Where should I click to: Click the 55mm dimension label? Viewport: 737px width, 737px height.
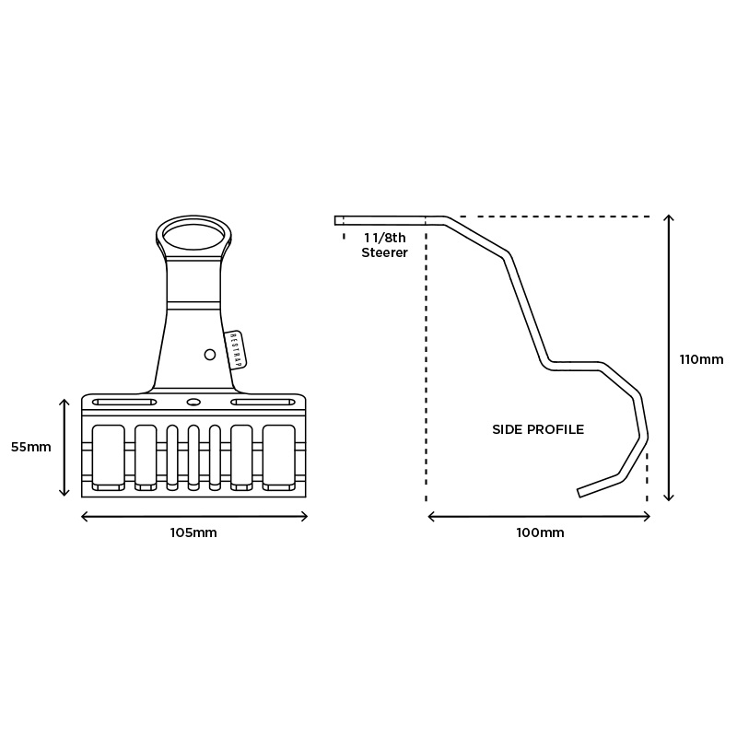pyautogui.click(x=30, y=447)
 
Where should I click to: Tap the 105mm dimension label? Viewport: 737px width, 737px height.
pyautogui.click(x=194, y=533)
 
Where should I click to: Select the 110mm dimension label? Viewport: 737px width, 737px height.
pyautogui.click(x=701, y=359)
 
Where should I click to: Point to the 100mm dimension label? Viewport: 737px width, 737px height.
pyautogui.click(x=539, y=533)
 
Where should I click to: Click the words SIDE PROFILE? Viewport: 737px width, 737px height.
pyautogui.click(x=538, y=429)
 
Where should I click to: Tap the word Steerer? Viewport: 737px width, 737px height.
pyautogui.click(x=384, y=252)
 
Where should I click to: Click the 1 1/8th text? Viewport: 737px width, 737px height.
pyautogui.click(x=384, y=238)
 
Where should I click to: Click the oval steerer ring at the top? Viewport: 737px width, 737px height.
pyautogui.click(x=193, y=234)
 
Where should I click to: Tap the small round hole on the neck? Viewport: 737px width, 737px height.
pyautogui.click(x=210, y=355)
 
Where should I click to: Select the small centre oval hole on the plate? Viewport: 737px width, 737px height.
pyautogui.click(x=193, y=403)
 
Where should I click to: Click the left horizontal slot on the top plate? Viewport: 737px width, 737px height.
pyautogui.click(x=124, y=403)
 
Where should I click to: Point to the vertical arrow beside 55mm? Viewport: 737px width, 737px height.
pyautogui.click(x=64, y=447)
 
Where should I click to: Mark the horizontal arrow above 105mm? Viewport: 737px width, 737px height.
pyautogui.click(x=194, y=517)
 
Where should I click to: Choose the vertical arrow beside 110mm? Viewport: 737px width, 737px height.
pyautogui.click(x=669, y=358)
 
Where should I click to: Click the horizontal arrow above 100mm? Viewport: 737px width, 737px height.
pyautogui.click(x=539, y=517)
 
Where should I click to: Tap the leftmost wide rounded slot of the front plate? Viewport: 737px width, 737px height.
pyautogui.click(x=109, y=456)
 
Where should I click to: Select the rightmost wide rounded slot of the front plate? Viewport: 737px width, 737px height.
pyautogui.click(x=278, y=456)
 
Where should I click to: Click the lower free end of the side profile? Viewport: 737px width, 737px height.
pyautogui.click(x=580, y=493)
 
